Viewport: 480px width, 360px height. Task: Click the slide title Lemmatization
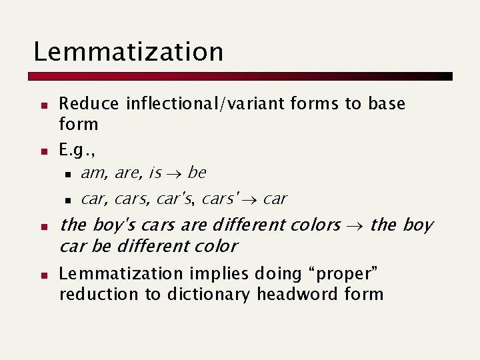(128, 51)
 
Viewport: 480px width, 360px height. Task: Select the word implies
(217, 273)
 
